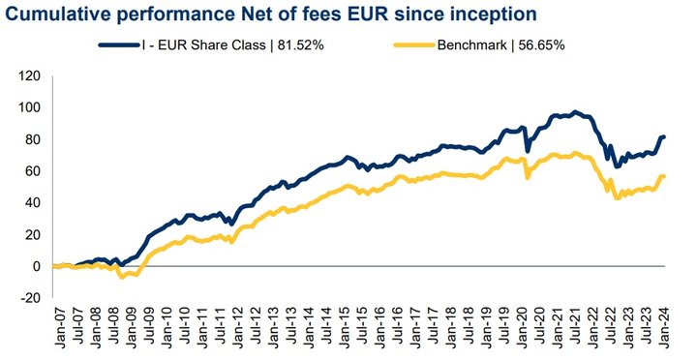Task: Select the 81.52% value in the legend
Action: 300,45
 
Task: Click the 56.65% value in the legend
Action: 541,45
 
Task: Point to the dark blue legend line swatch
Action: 119,45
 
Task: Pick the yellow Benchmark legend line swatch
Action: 413,45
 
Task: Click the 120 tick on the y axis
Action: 30,76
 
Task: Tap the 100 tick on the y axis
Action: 30,108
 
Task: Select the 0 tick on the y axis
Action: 37,266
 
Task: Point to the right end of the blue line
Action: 664,136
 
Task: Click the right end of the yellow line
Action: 664,176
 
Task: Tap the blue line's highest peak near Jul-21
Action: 575,112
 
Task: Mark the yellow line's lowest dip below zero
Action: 122,277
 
